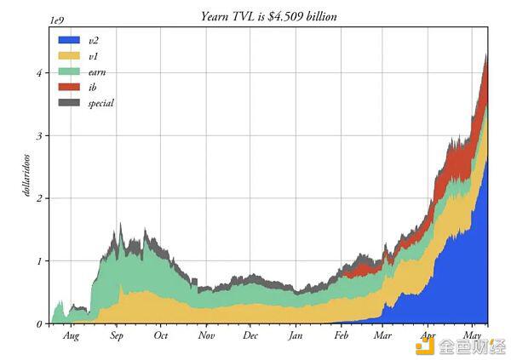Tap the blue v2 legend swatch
point(69,40)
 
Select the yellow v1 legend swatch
point(69,55)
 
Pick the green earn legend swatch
point(69,71)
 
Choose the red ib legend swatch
point(69,87)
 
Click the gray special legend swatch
point(69,103)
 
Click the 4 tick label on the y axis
point(38,72)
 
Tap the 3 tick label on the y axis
point(38,135)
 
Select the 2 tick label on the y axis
point(38,198)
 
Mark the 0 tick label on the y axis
point(38,324)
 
